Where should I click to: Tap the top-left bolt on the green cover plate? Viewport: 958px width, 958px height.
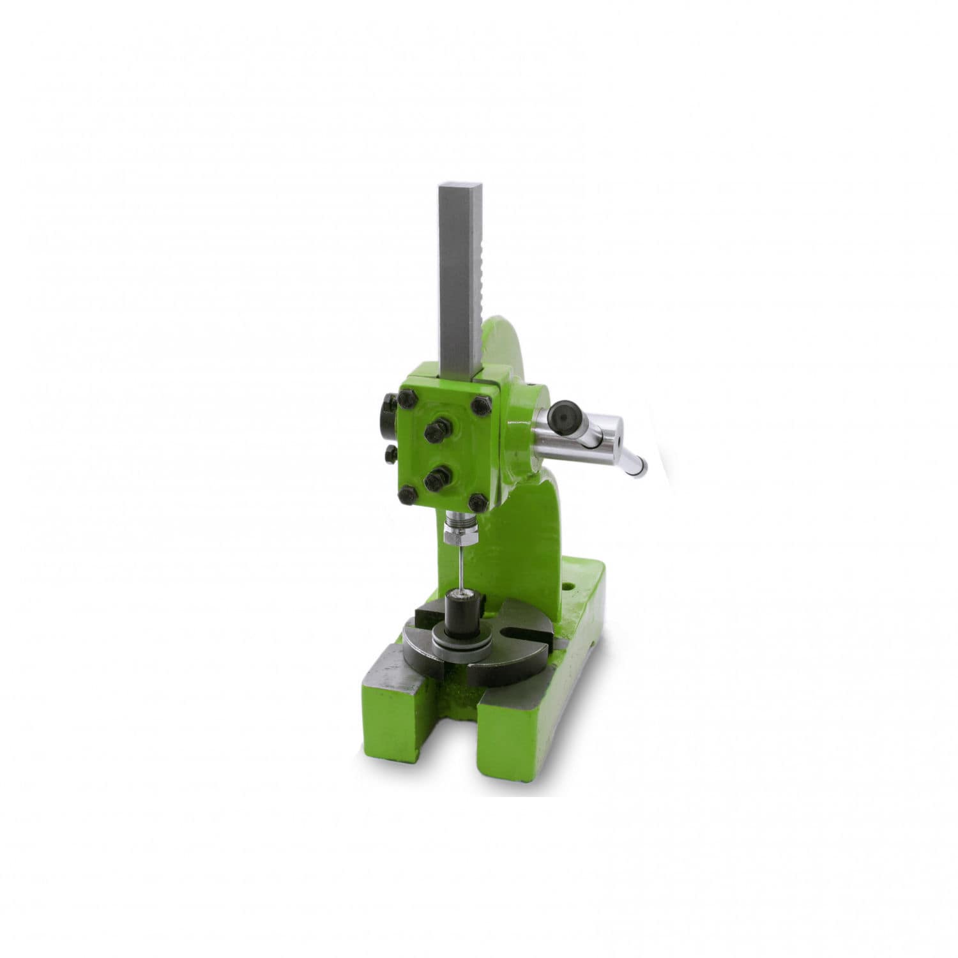point(406,401)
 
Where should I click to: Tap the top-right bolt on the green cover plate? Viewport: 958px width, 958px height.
point(478,405)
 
